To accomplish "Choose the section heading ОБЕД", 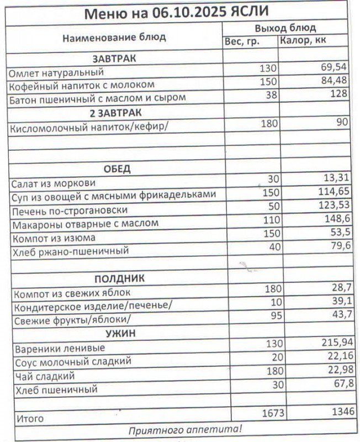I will pyautogui.click(x=117, y=169).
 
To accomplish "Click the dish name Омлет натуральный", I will pyautogui.click(x=56, y=72).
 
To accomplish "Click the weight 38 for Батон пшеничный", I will pyautogui.click(x=270, y=95).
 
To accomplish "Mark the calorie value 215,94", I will pyautogui.click(x=333, y=344).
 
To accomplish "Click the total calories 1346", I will pyautogui.click(x=337, y=412).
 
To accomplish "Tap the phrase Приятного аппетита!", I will pyautogui.click(x=186, y=429).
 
